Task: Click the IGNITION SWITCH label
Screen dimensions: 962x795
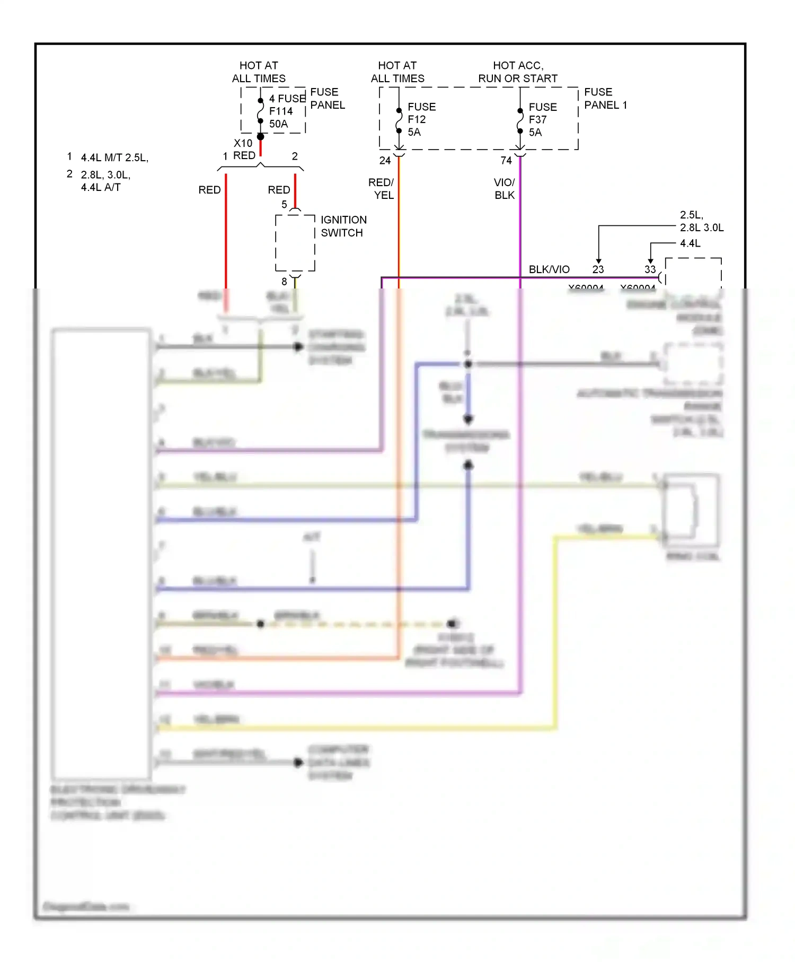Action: point(343,226)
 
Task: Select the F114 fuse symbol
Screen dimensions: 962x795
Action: point(260,111)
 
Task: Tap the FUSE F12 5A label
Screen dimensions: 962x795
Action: point(421,119)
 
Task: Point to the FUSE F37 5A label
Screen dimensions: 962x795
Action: point(542,119)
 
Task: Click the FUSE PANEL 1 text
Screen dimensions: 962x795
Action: point(605,99)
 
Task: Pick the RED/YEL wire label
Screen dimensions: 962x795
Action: point(382,189)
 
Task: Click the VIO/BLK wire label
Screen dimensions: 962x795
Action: point(504,189)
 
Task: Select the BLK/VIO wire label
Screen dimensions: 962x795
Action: point(549,269)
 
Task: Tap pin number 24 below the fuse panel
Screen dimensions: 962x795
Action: point(385,161)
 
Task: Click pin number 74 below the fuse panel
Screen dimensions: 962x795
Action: point(506,161)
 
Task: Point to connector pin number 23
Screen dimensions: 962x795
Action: point(598,269)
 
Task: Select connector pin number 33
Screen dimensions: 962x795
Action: point(650,269)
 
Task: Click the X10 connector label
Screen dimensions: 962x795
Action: point(243,143)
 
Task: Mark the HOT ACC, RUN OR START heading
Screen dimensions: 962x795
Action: point(517,72)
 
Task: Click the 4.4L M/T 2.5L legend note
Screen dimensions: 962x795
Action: point(114,158)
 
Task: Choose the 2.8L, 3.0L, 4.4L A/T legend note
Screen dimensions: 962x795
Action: point(105,181)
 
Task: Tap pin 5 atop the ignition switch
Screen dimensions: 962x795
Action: point(284,204)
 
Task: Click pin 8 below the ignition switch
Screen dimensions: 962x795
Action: point(284,282)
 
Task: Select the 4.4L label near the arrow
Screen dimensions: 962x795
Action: point(690,243)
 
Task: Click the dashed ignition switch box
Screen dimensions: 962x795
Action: point(295,243)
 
